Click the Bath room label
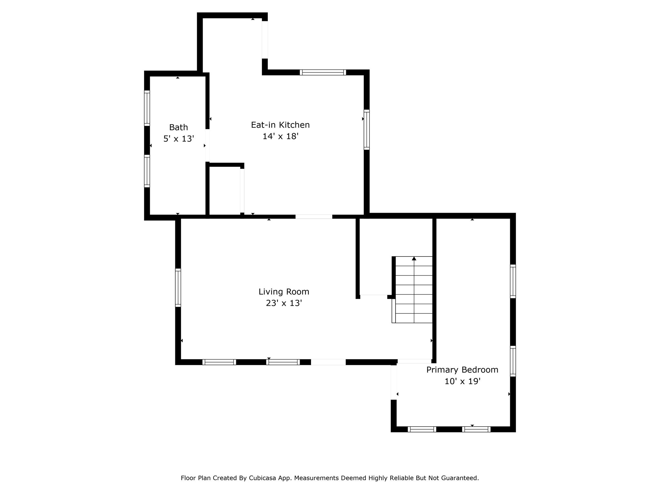(179, 127)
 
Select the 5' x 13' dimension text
(179, 139)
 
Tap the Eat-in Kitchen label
(280, 125)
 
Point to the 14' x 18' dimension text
(280, 136)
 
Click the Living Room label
(284, 292)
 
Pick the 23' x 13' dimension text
(284, 303)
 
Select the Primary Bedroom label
(462, 370)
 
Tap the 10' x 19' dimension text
(462, 381)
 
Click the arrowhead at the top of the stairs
(414, 258)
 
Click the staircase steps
(414, 290)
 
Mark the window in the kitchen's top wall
(323, 72)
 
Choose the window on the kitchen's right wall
(366, 130)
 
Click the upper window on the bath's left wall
(147, 108)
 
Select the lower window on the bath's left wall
(147, 171)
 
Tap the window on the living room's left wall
(178, 287)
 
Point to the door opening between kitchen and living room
(314, 217)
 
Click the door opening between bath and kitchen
(208, 145)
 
